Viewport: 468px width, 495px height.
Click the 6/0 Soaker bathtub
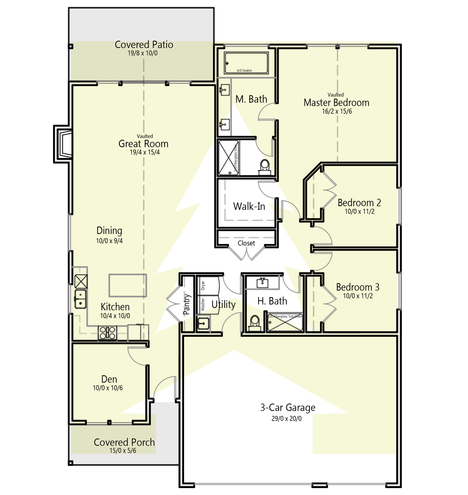click(246, 63)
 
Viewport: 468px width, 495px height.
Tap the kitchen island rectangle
click(127, 285)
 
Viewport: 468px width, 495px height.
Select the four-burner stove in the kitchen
click(107, 333)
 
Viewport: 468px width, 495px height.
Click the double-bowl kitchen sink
click(80, 299)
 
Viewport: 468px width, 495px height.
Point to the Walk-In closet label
click(249, 206)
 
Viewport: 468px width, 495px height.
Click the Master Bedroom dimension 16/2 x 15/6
click(337, 111)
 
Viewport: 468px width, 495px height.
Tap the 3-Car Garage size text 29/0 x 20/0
click(286, 419)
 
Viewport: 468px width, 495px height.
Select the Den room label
click(109, 379)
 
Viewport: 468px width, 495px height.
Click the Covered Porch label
click(124, 442)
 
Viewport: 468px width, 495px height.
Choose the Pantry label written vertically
click(187, 304)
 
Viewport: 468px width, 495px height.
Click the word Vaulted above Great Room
click(145, 136)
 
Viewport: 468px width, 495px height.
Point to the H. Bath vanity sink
click(262, 283)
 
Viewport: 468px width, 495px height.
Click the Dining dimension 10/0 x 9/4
click(109, 241)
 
